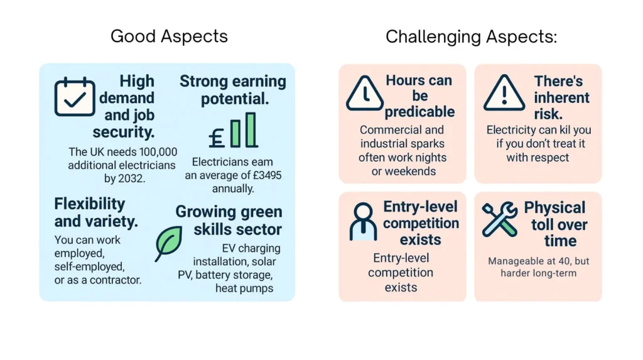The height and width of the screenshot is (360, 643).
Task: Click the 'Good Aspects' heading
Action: coord(169,36)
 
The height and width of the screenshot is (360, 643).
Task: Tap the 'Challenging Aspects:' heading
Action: coord(471,36)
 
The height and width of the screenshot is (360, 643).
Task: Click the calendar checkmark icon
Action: coord(75,97)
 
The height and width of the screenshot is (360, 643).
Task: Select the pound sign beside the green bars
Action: coord(217,137)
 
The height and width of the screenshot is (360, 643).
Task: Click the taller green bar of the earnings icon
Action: coord(251,129)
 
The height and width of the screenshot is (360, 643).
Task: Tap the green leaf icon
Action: coord(168,243)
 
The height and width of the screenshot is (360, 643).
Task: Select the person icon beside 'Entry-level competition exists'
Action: coord(363,221)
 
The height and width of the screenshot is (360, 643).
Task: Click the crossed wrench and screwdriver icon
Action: coord(500,219)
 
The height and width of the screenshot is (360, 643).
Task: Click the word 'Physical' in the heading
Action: coord(554,208)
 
